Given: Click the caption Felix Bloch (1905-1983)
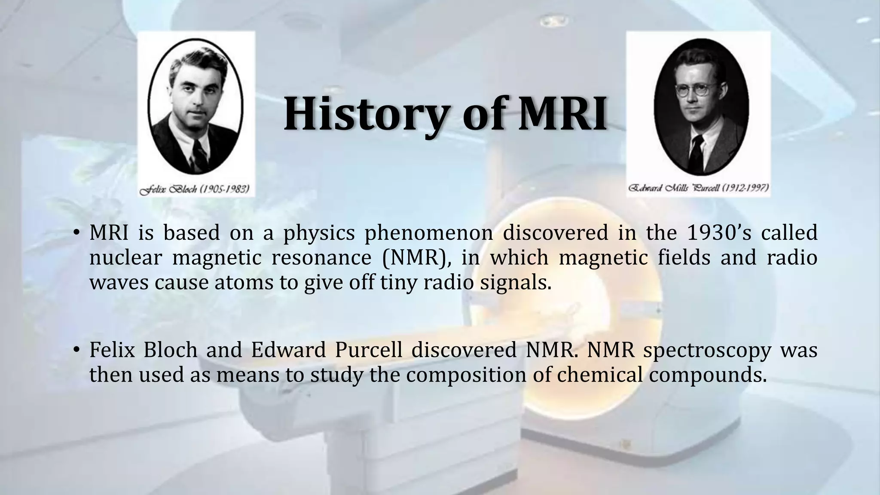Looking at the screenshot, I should (x=195, y=189).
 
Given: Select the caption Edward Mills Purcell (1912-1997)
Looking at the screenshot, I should (x=699, y=188).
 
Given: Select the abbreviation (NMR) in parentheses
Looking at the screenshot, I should (x=412, y=257).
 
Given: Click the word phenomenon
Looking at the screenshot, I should (x=428, y=232).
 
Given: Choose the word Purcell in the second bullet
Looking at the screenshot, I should (x=368, y=350).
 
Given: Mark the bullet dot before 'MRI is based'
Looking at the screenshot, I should (x=76, y=233).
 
